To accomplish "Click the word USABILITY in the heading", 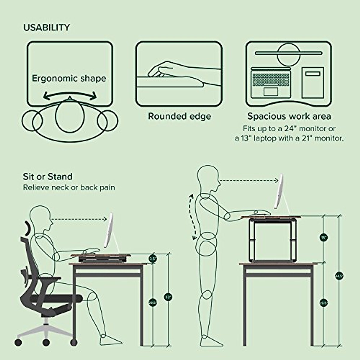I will (46, 28).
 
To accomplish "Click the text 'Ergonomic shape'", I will (69, 79).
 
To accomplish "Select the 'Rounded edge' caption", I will (179, 116).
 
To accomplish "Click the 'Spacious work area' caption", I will (289, 116).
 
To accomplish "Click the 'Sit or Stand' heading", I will (48, 177).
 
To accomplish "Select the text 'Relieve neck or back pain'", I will (69, 188).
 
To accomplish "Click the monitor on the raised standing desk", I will (279, 192).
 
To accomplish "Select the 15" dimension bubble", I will (323, 237).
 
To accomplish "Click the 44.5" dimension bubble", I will (339, 276).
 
